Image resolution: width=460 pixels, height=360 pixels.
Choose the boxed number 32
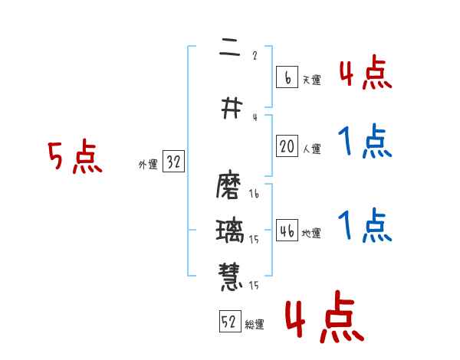(x=173, y=162)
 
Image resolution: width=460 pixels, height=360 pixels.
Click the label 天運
(x=311, y=80)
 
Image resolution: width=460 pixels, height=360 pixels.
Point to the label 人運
(x=311, y=149)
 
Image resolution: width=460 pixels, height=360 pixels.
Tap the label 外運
(x=147, y=165)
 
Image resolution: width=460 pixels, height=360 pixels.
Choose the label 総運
(x=255, y=325)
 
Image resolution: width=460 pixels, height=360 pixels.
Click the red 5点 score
(x=74, y=157)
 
